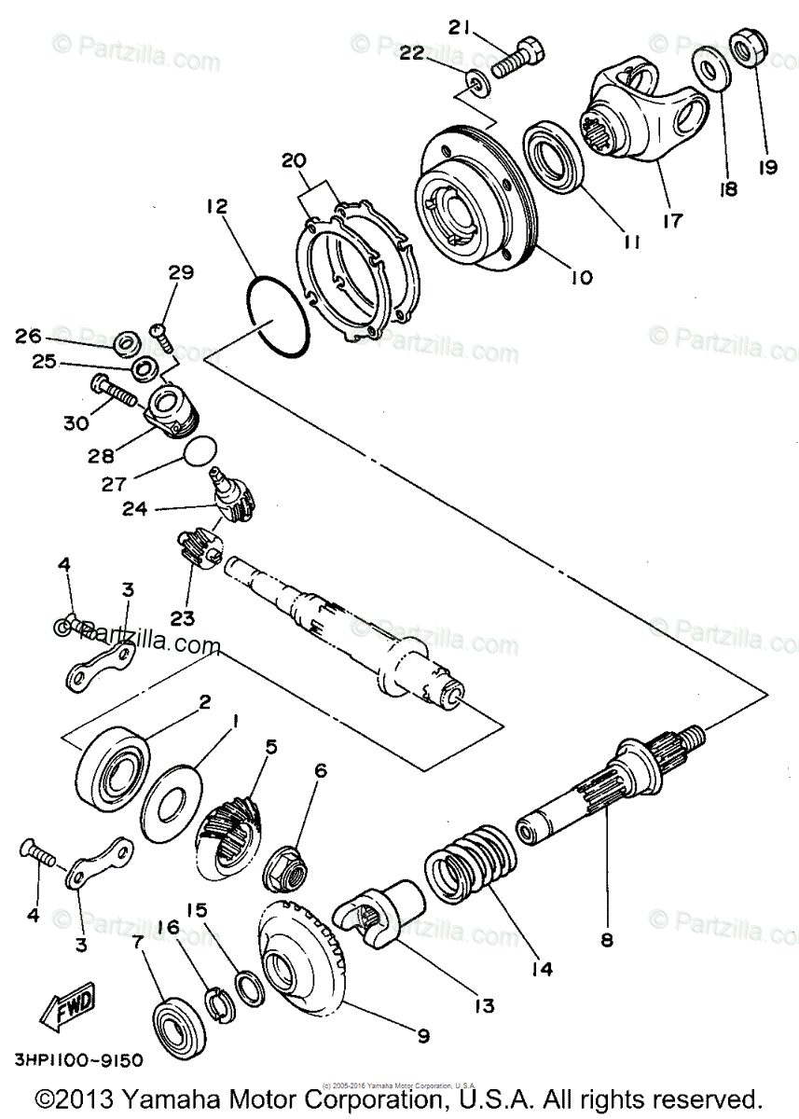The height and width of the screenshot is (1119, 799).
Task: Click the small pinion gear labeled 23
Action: click(195, 547)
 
